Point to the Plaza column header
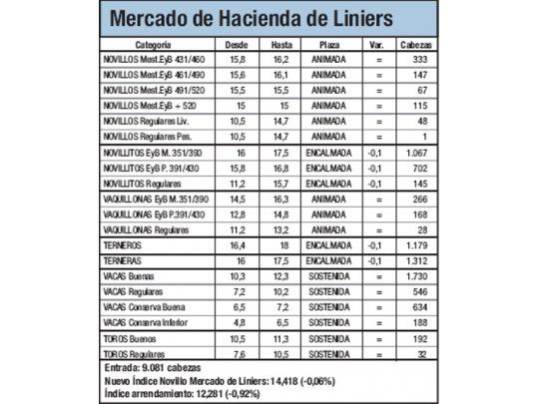329,45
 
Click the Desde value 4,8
238,322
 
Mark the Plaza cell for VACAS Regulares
329,290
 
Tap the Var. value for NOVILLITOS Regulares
376,184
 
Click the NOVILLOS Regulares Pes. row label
150,135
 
